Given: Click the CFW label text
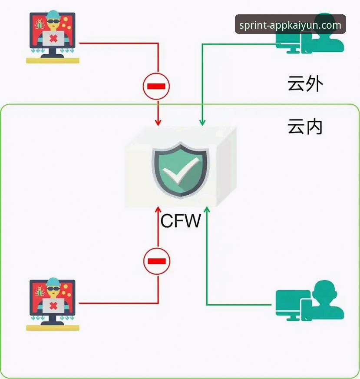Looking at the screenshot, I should pyautogui.click(x=181, y=221).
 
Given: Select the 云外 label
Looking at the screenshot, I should pyautogui.click(x=305, y=84).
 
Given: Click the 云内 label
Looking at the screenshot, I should pyautogui.click(x=305, y=126).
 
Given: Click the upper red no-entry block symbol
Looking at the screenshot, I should pyautogui.click(x=156, y=86).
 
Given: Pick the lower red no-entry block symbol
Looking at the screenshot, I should pyautogui.click(x=157, y=261).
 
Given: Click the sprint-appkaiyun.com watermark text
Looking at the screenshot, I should pyautogui.click(x=290, y=25).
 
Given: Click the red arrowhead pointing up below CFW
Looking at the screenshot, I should pyautogui.click(x=158, y=212).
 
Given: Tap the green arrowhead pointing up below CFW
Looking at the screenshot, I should pyautogui.click(x=207, y=212).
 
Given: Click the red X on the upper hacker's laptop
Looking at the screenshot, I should pyautogui.click(x=53, y=39).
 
